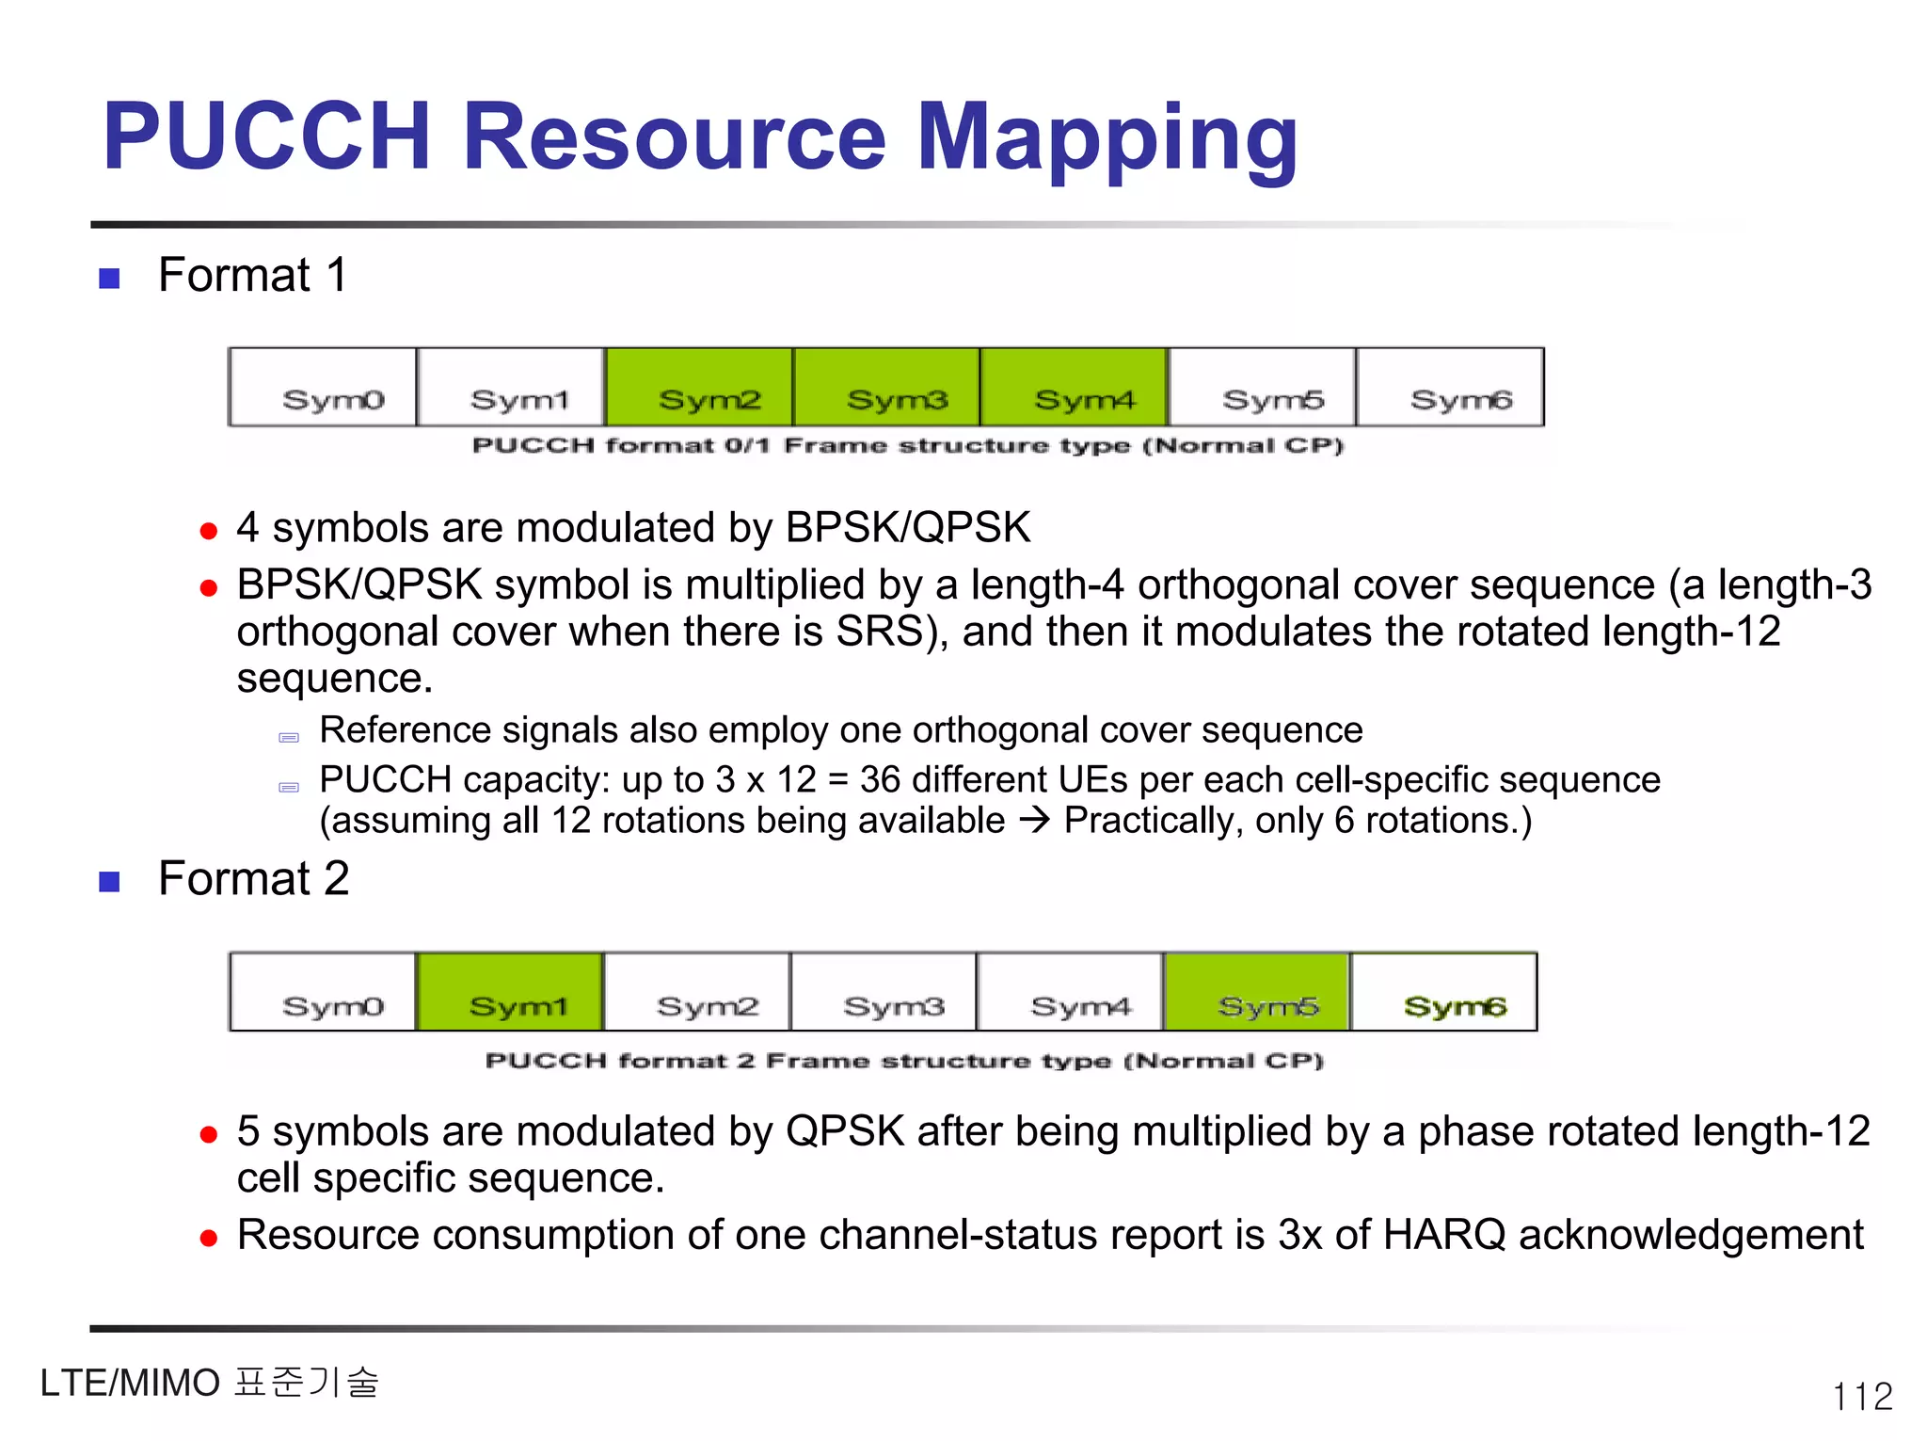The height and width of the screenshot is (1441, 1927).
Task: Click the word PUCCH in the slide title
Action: [x=266, y=137]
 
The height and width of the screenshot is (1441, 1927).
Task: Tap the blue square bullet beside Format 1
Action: [x=110, y=279]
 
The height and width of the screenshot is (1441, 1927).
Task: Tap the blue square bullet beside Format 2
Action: [x=110, y=882]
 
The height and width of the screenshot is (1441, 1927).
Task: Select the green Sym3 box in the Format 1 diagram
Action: [x=886, y=387]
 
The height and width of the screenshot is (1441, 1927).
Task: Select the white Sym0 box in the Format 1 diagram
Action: [x=323, y=387]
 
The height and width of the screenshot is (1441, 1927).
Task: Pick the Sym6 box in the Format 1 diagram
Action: [x=1450, y=387]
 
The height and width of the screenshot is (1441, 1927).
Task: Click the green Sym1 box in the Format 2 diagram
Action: [x=509, y=992]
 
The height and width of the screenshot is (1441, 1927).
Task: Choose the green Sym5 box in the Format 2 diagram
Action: [x=1257, y=992]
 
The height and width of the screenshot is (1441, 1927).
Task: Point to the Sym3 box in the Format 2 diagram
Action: [x=884, y=992]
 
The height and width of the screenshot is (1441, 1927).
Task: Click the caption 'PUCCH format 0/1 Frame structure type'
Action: [x=908, y=445]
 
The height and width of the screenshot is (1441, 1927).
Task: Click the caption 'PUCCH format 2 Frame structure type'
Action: [x=904, y=1061]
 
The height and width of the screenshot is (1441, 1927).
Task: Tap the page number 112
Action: [x=1862, y=1396]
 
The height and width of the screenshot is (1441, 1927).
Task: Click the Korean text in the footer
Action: [x=307, y=1383]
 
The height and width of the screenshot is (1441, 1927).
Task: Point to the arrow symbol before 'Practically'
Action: [x=1035, y=820]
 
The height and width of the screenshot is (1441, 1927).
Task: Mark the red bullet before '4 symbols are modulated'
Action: [x=209, y=532]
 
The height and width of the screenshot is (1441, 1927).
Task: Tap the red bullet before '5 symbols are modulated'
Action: [x=209, y=1135]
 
